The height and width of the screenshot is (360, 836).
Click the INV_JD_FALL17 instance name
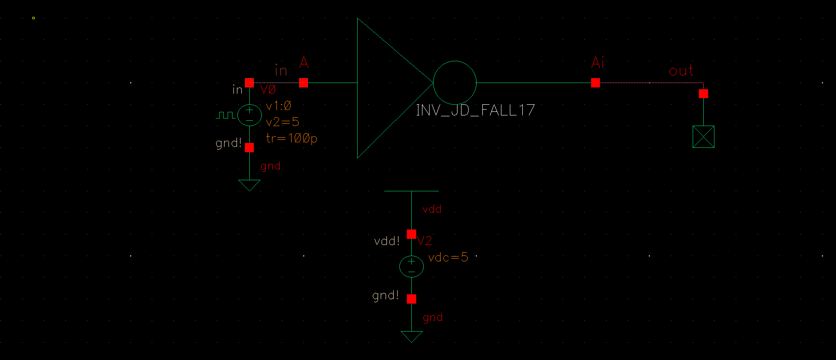475,110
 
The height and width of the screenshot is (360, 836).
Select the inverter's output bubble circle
454,83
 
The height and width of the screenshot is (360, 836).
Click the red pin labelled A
304,83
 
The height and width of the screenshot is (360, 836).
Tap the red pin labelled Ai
595,83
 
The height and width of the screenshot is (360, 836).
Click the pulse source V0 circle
249,115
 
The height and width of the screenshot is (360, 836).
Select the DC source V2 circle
411,266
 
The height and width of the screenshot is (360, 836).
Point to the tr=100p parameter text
292,138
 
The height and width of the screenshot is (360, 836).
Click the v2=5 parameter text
282,122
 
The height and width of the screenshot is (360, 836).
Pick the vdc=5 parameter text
448,257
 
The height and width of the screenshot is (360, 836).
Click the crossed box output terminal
703,137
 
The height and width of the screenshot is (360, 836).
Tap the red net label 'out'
681,71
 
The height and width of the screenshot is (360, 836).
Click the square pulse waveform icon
225,115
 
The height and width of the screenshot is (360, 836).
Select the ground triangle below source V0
249,185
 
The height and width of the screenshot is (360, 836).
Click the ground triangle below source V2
411,336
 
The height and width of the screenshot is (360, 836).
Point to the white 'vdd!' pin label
387,241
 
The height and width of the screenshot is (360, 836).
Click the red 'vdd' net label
432,210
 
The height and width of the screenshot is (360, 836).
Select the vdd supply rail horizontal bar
411,191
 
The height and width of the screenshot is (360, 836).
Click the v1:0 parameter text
278,106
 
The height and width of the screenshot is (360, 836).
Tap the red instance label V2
425,241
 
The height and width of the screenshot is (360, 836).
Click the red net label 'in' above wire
281,71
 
